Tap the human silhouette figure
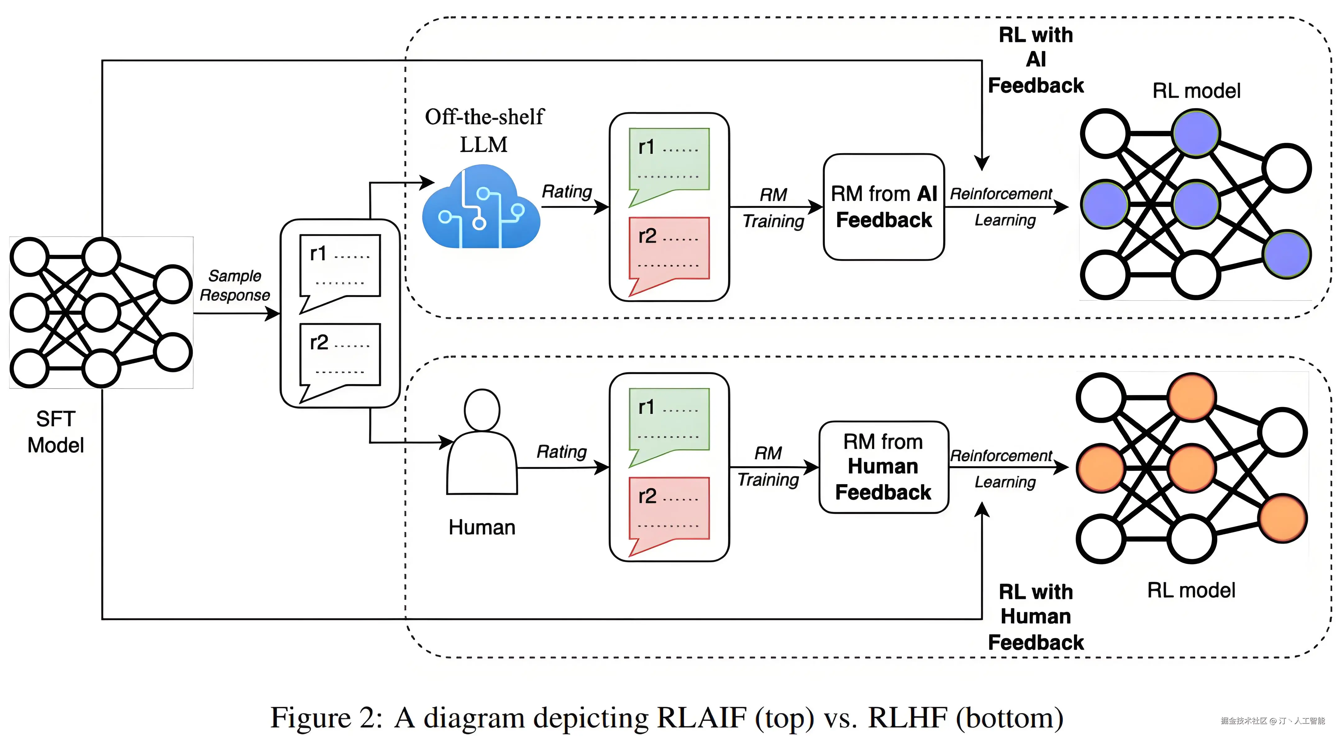point(482,443)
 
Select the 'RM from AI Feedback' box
point(883,207)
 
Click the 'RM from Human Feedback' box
point(883,467)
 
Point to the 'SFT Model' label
point(55,432)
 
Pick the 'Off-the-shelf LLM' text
point(484,130)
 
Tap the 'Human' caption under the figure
point(482,527)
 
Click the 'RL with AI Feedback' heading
point(1036,60)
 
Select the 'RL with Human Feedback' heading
point(1036,617)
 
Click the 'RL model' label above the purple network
point(1196,91)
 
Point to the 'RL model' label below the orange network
point(1191,590)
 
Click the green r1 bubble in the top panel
point(669,162)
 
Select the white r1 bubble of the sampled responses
point(340,268)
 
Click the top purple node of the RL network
point(1196,133)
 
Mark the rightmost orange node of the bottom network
point(1283,519)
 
